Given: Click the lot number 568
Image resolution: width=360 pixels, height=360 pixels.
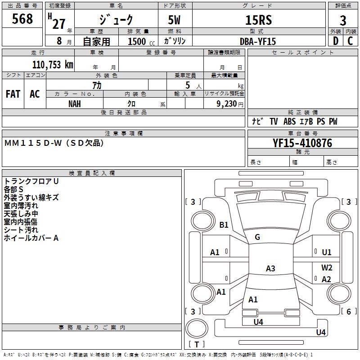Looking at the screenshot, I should (x=22, y=19).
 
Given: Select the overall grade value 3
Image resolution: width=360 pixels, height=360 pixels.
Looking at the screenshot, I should (x=343, y=21).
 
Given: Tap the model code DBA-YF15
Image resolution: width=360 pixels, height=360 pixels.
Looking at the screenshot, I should (x=258, y=41).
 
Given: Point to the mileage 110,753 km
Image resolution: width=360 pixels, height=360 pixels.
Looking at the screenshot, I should (x=53, y=64).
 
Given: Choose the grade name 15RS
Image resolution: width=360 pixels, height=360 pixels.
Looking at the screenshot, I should (x=258, y=21).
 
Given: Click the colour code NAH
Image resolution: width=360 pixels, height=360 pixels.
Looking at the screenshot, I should (x=75, y=103).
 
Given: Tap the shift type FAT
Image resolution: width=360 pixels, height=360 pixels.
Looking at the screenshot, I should (x=13, y=94).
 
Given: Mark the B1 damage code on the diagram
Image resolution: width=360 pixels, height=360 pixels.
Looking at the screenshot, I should (x=224, y=225).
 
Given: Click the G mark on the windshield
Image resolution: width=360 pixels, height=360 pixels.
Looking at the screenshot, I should (x=257, y=237).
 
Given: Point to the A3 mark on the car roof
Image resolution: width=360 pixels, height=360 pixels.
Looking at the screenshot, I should (x=270, y=269).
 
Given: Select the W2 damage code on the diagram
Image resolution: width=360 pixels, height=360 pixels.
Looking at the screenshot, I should (x=327, y=267).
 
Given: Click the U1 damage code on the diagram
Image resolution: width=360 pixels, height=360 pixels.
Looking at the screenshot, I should (x=327, y=252).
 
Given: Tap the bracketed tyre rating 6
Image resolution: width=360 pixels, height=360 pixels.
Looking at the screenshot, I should (x=349, y=311).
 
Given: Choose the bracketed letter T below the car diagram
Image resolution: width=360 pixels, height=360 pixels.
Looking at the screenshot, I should (x=197, y=345).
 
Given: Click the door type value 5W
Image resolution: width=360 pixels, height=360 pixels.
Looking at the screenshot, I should (x=175, y=21).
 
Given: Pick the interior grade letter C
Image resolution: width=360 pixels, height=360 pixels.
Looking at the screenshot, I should (x=350, y=41).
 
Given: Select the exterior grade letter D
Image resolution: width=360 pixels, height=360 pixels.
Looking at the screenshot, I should (x=335, y=41).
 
